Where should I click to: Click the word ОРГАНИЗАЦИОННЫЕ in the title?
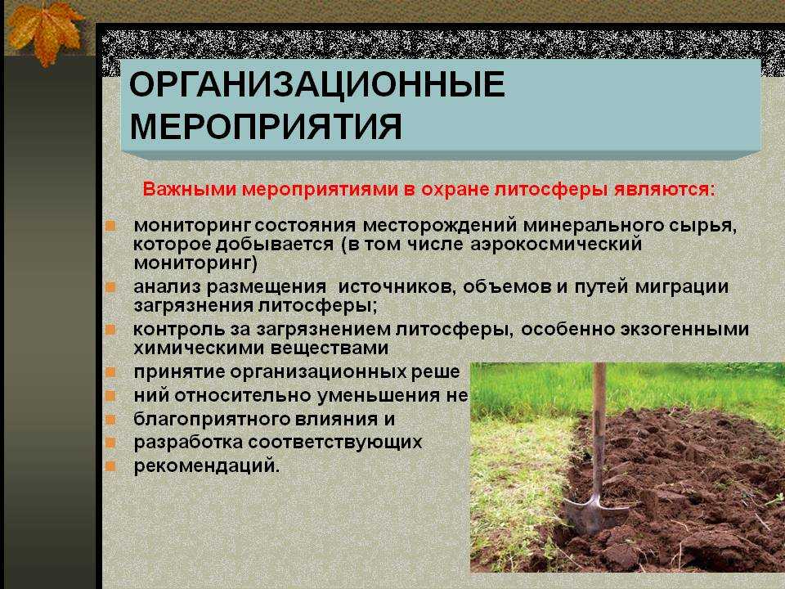[x=317, y=83]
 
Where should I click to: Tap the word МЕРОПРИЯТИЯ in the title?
[x=266, y=126]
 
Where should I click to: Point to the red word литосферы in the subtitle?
[x=551, y=190]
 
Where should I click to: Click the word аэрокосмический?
[x=556, y=245]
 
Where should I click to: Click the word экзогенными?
[x=684, y=330]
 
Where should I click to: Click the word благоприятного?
[x=211, y=420]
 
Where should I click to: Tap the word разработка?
[x=188, y=443]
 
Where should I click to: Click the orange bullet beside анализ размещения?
[x=110, y=287]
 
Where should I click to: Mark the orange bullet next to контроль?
[x=110, y=330]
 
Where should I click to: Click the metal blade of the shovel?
[x=595, y=514]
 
